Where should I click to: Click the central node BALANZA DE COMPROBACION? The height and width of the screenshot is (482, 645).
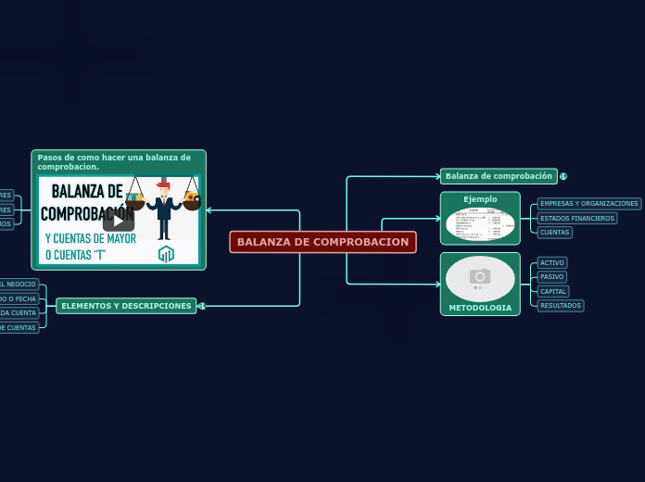pyautogui.click(x=322, y=242)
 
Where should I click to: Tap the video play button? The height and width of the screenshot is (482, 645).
pyautogui.click(x=119, y=221)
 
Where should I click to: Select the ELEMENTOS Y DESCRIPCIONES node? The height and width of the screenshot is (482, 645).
pyautogui.click(x=126, y=306)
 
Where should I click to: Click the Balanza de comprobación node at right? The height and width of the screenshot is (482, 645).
pyautogui.click(x=499, y=176)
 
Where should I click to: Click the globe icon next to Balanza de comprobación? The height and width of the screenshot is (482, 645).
pyautogui.click(x=563, y=176)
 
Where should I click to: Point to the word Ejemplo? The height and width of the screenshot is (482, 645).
pyautogui.click(x=480, y=199)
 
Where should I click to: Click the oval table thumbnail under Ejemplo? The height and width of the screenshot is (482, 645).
pyautogui.click(x=480, y=223)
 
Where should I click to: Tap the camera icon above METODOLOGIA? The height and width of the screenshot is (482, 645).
pyautogui.click(x=480, y=276)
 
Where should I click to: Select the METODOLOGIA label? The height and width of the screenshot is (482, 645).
pyautogui.click(x=480, y=308)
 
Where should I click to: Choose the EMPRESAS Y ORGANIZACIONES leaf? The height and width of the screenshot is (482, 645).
pyautogui.click(x=589, y=204)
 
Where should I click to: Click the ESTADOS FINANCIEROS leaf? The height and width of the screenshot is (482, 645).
pyautogui.click(x=577, y=219)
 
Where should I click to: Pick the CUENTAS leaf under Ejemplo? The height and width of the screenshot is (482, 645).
pyautogui.click(x=554, y=233)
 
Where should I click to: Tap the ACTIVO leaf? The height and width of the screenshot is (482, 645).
pyautogui.click(x=552, y=263)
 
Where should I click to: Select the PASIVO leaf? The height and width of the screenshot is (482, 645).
pyautogui.click(x=552, y=277)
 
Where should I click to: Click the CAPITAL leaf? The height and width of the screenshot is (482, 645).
pyautogui.click(x=553, y=291)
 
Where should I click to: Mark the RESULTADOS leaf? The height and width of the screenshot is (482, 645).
pyautogui.click(x=561, y=306)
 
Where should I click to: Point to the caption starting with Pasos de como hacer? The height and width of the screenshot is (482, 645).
pyautogui.click(x=114, y=161)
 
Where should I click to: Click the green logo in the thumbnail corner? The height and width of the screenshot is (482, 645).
pyautogui.click(x=166, y=253)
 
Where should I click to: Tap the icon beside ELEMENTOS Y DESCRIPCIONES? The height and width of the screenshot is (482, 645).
pyautogui.click(x=202, y=306)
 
